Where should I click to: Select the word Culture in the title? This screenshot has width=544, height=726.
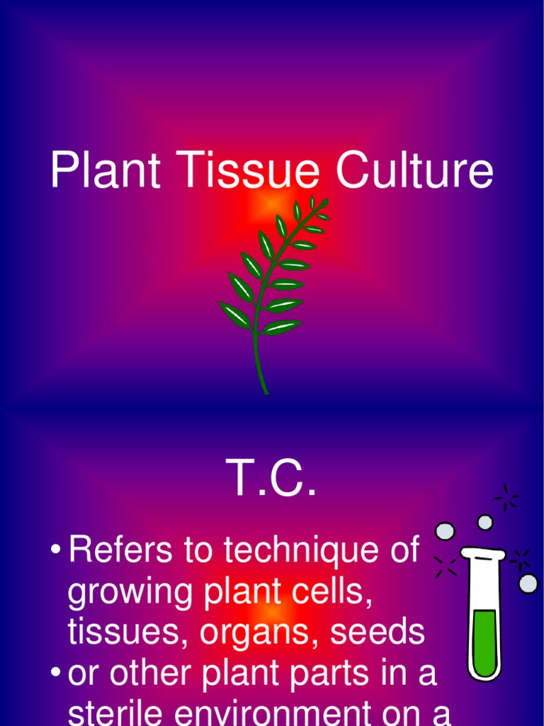tap(414, 172)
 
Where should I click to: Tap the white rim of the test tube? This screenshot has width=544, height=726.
tap(482, 552)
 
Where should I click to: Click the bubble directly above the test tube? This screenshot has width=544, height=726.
tap(484, 523)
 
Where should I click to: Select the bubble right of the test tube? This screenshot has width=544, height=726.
tap(528, 583)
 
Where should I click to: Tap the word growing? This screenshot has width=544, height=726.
tap(131, 593)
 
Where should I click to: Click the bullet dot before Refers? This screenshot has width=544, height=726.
tap(55, 551)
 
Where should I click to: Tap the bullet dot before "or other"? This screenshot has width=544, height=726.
tap(55, 674)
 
